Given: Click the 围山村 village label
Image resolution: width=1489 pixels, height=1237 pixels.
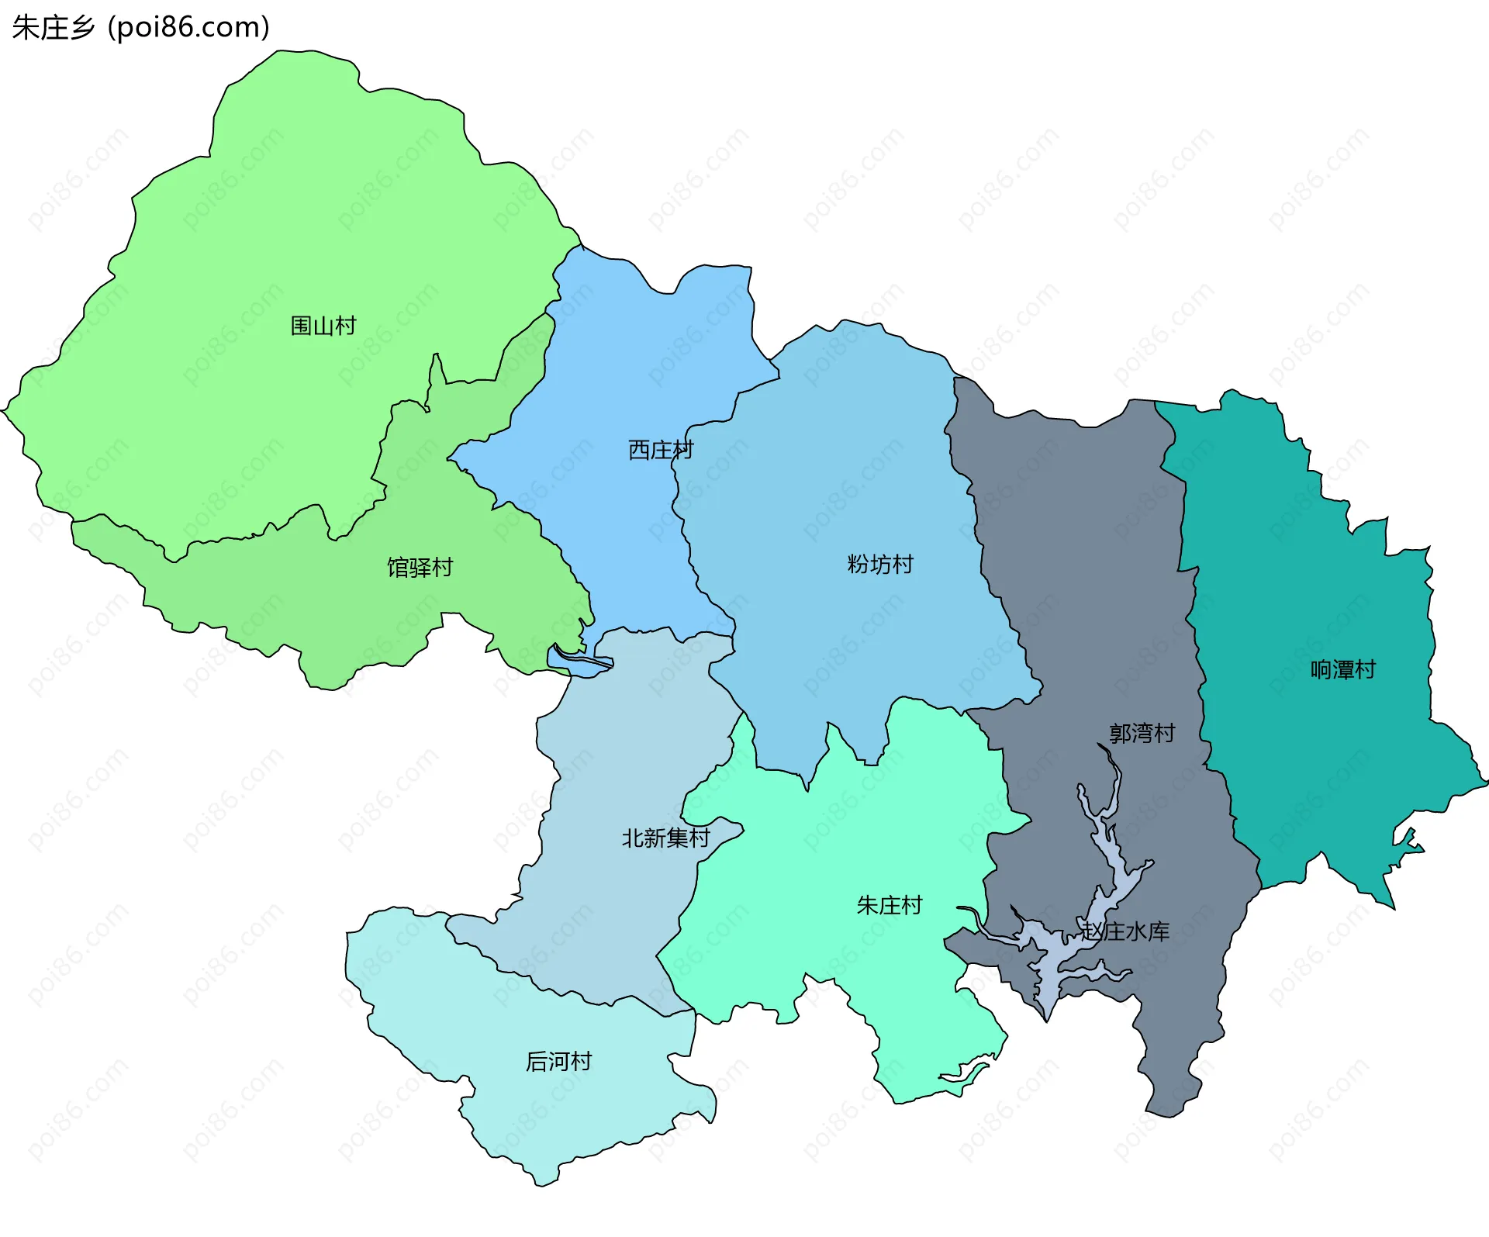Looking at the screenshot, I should (323, 326).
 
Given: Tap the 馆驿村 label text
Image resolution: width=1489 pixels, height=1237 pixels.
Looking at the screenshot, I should (420, 568).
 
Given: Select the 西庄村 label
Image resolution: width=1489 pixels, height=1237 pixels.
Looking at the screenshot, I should (660, 450).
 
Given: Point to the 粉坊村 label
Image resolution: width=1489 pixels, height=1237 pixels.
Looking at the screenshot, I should (880, 565).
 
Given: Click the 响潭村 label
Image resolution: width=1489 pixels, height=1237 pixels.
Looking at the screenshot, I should (1342, 669).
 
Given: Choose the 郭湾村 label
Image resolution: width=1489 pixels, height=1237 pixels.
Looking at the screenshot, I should (1142, 733).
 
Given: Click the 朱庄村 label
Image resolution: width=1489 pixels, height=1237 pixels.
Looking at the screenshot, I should (890, 905).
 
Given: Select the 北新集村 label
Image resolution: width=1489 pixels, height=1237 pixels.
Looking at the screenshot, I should (665, 838).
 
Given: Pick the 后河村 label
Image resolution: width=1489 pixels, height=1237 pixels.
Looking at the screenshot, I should (558, 1061).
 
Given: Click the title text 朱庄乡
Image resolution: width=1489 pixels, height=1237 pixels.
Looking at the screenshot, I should (53, 27).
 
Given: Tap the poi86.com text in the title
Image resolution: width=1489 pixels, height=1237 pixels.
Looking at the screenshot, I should (188, 27).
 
